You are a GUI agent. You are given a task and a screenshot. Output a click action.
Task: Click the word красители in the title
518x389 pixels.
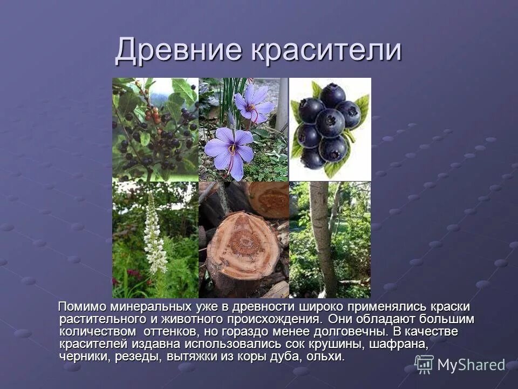(326, 51)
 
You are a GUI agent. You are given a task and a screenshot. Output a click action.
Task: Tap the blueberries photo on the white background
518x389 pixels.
(330, 129)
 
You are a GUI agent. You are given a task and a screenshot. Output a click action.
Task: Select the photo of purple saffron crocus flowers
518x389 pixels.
(243, 129)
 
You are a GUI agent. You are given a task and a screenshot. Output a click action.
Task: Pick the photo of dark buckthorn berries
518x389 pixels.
(155, 129)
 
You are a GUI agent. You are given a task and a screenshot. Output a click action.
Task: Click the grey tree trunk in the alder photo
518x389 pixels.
(323, 238)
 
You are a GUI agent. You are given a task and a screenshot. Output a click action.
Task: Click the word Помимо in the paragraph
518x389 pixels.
(83, 307)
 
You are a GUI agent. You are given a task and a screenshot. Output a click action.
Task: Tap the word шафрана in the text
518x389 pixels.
(396, 344)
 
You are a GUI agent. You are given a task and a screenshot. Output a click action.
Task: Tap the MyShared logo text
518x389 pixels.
(471, 365)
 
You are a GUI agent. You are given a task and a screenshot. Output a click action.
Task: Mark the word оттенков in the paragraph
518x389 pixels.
(175, 332)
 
